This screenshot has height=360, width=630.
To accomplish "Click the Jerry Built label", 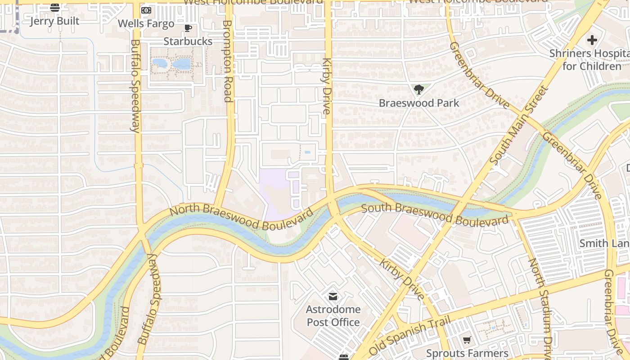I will pos(54,21).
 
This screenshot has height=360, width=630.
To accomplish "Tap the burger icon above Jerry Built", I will pos(55,7).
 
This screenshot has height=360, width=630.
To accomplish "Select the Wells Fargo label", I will pos(146,23).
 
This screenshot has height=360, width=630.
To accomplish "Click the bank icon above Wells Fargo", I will pos(146,10).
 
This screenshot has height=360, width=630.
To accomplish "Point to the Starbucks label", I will pos(188,41).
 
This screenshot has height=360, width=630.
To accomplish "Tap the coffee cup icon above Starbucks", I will pos(188,28).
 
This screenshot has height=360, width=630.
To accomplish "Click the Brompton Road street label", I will pos(228,61).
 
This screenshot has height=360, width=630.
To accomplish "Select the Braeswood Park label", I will pos(419,103).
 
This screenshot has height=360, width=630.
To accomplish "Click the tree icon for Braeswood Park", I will pos(419,90).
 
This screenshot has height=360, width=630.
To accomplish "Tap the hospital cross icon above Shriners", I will pos(592,40).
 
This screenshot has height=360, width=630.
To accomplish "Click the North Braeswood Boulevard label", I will pos(241,217).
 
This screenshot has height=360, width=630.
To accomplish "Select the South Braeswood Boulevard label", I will pos(435,215).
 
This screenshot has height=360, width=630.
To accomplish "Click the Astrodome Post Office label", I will pos(333,316).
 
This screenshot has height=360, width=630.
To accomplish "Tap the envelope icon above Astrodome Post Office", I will pos(333,297).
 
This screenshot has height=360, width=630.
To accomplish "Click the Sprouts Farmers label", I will pos(467,353).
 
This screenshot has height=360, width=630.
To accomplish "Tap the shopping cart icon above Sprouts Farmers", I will pos(467,340).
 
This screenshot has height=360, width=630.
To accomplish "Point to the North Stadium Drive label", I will pos(539,306).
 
